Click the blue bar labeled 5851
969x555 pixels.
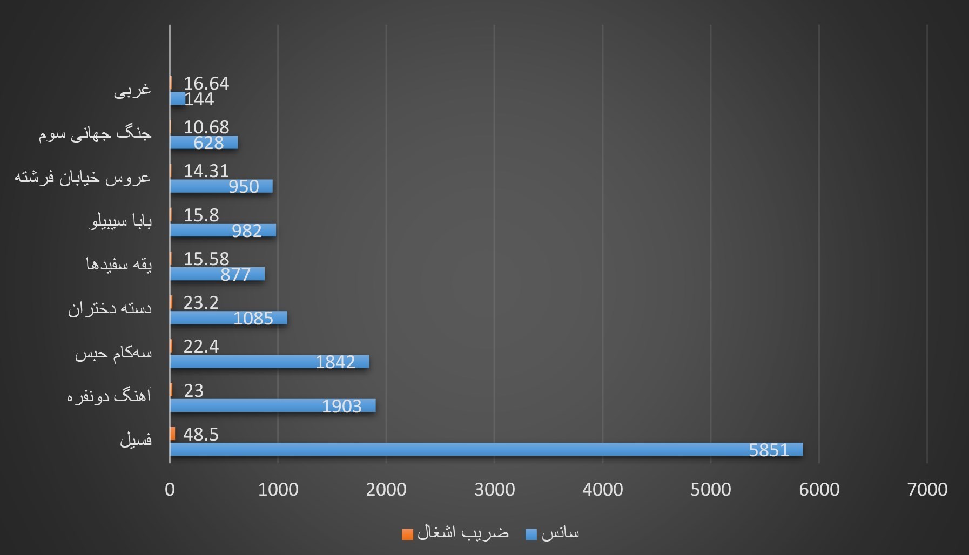coord(486,449)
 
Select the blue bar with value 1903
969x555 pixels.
coord(273,405)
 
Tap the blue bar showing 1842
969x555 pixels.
coord(270,362)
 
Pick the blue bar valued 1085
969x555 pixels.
coord(228,318)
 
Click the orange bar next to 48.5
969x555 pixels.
coord(173,434)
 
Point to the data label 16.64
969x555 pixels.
coord(206,83)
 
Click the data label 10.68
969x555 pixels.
coord(206,127)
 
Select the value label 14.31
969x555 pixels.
coord(206,171)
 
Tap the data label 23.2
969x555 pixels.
coord(201,302)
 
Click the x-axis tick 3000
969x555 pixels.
coord(494,489)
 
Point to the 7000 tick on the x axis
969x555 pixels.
coord(927,489)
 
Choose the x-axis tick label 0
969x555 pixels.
coord(170,489)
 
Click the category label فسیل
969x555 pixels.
coord(136,440)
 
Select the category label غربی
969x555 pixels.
coord(132,90)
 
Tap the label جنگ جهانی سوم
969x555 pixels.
coord(95,133)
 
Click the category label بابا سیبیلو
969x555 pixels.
coord(120,221)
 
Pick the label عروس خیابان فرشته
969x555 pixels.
coord(82,177)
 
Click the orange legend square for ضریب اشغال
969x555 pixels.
coord(408,534)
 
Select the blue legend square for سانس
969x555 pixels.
coord(531,534)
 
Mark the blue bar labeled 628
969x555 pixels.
coord(204,143)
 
